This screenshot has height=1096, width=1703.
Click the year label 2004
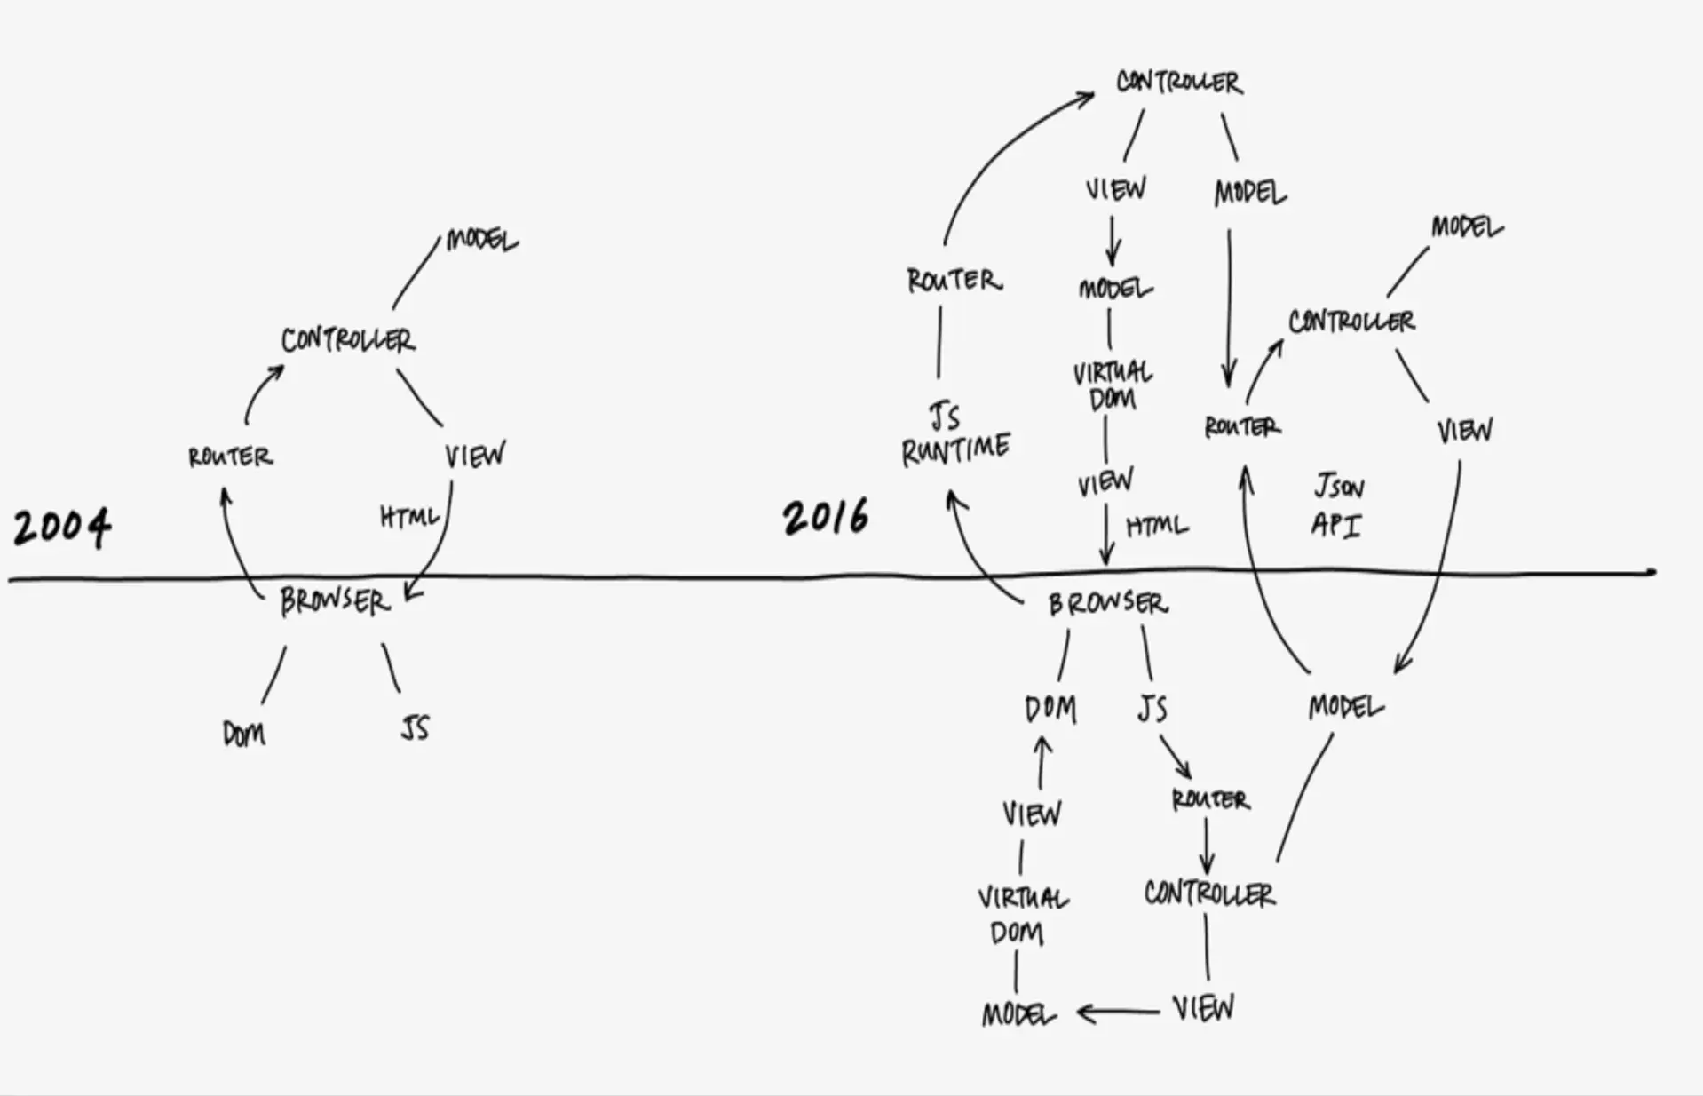[62, 528]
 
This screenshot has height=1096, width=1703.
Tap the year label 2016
[826, 517]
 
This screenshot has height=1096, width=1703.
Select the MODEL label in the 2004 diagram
[481, 240]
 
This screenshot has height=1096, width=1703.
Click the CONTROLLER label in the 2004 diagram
[348, 340]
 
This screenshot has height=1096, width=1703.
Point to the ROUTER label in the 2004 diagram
[230, 457]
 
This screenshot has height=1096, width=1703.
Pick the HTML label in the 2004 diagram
[409, 516]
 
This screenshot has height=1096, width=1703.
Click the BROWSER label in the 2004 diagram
[336, 602]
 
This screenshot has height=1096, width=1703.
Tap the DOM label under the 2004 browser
[243, 734]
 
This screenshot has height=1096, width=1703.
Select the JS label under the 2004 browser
[415, 727]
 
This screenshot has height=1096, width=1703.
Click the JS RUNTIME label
[955, 435]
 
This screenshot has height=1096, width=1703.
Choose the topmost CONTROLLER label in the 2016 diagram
[1179, 82]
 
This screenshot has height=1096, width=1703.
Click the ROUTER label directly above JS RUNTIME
[954, 281]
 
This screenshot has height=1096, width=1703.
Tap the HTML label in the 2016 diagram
[1157, 526]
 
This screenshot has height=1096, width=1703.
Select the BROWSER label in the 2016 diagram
[1108, 604]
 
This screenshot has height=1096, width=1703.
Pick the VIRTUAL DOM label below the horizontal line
[1023, 915]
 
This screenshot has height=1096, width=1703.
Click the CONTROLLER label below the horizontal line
[1209, 893]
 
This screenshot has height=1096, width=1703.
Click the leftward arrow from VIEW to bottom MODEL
[1118, 1012]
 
